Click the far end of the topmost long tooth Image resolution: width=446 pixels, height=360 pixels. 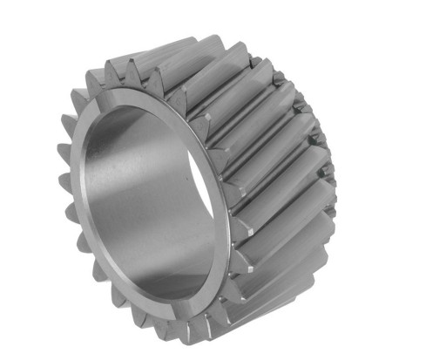(261, 61)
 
